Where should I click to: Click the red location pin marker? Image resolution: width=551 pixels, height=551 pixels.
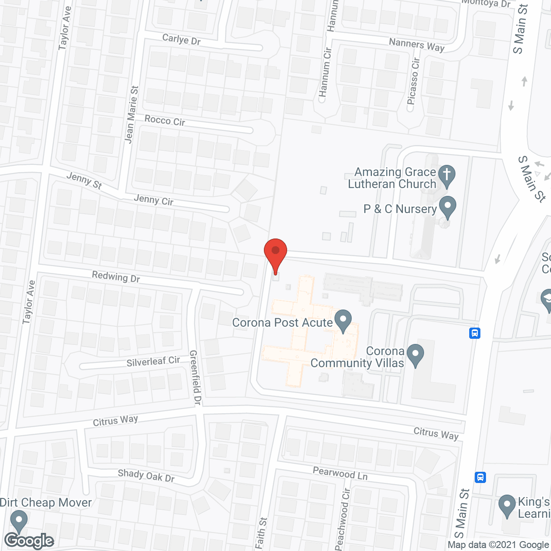tap(275, 252)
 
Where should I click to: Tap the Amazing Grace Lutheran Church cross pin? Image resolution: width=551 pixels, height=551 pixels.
tap(447, 175)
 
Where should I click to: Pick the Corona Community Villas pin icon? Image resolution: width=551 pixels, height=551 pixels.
tap(415, 355)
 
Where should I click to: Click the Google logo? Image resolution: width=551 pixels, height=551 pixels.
tap(29, 541)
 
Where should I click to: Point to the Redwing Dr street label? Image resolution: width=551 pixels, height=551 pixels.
tap(116, 277)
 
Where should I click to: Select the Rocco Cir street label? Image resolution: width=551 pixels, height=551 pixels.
tap(165, 121)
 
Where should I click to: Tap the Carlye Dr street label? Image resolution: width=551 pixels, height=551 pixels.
tap(181, 39)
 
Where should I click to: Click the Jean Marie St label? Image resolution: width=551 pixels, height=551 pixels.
tap(132, 114)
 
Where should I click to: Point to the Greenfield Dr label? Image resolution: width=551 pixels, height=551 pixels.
tap(195, 378)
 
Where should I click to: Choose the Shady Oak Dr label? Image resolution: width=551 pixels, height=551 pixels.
tap(146, 476)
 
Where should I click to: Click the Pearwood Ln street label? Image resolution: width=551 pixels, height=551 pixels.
tap(340, 473)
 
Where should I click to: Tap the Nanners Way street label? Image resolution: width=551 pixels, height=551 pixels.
tap(416, 45)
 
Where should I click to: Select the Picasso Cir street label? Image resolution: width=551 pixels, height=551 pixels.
tap(414, 81)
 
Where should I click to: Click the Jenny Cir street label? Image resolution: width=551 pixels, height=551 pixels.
tap(154, 200)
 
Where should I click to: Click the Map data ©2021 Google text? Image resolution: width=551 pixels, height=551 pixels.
tap(498, 545)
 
